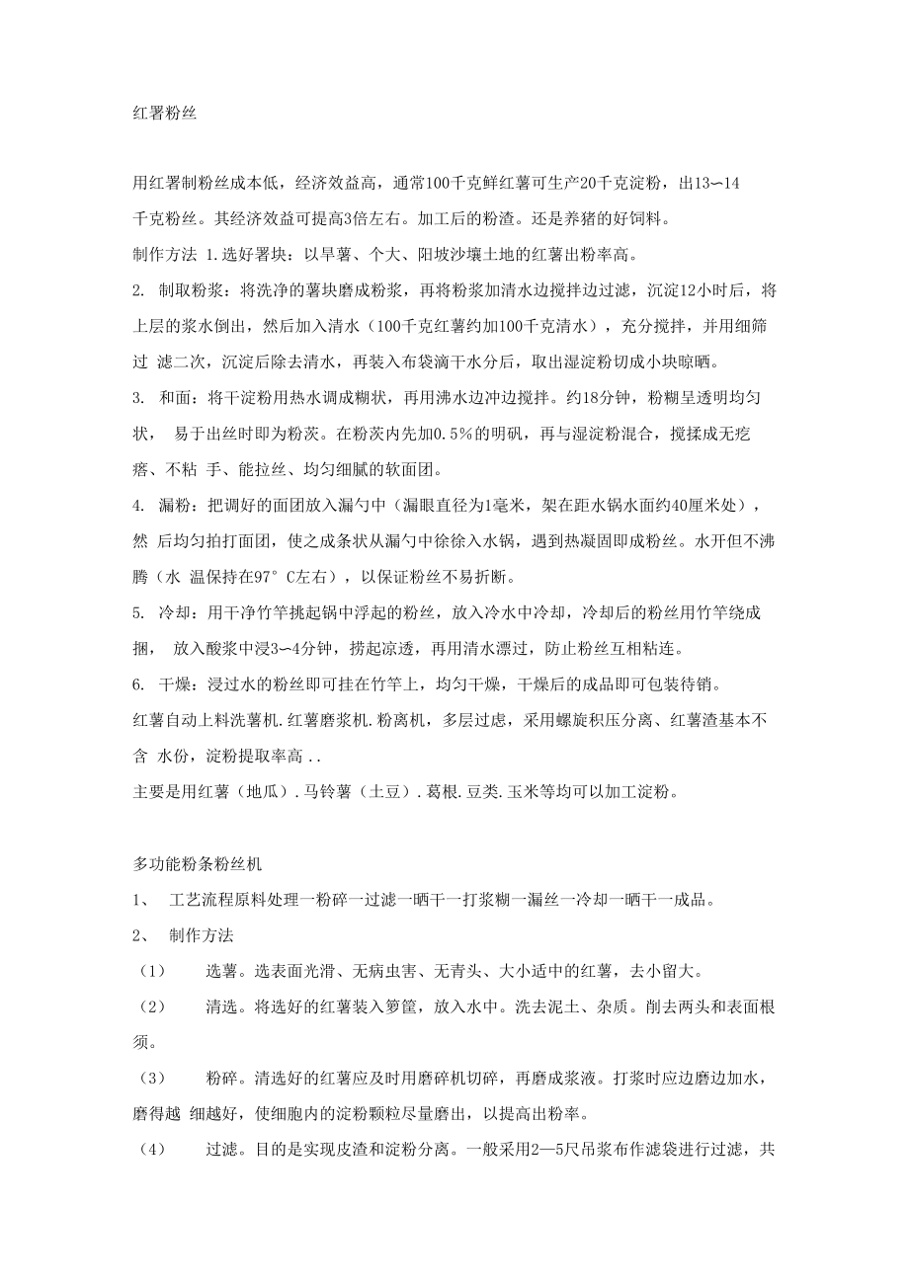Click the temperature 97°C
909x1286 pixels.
(274, 576)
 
